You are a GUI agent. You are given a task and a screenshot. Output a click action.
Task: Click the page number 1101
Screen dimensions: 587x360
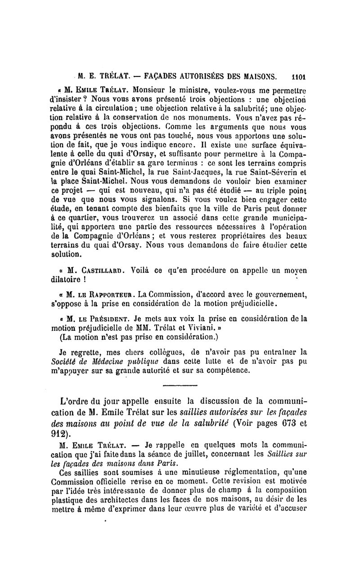pos(298,76)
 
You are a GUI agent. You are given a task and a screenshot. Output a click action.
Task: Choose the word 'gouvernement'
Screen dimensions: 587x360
pos(281,294)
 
